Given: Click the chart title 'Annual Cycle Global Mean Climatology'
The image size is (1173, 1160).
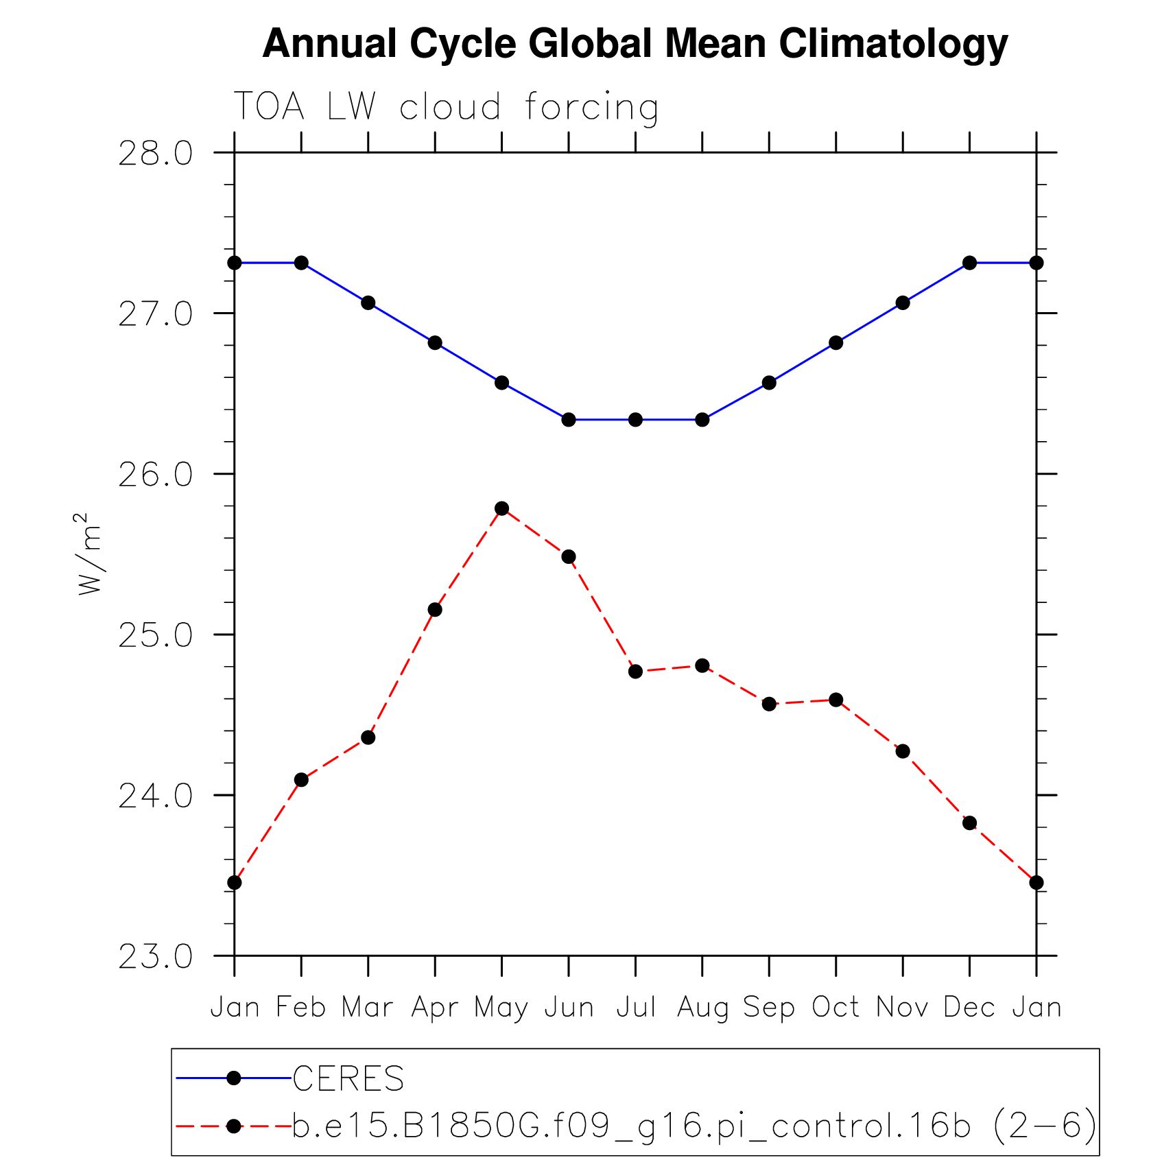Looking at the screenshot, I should [635, 44].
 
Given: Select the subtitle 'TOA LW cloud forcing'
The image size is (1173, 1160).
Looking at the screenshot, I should [446, 107].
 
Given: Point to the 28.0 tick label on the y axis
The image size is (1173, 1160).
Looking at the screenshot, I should [156, 154].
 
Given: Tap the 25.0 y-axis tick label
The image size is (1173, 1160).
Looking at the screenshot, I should [156, 635].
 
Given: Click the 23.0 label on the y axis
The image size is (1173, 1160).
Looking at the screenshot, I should [156, 956].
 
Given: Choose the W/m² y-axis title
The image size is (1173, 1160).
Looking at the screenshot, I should [90, 554].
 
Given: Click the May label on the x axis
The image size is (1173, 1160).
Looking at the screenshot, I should [501, 1008].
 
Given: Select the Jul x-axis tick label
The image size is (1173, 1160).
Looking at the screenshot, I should [636, 1008].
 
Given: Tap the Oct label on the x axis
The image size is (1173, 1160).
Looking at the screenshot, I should [836, 1008].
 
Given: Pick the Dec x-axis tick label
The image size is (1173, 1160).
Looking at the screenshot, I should [969, 1008].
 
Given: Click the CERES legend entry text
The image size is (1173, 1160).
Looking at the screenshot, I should [348, 1079].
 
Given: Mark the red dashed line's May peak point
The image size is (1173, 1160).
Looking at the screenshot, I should [501, 508].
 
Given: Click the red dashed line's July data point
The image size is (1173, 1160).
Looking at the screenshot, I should [635, 671].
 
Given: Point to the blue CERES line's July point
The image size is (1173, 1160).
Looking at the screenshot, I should [635, 420].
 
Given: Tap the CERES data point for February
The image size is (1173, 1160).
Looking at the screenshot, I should [301, 263].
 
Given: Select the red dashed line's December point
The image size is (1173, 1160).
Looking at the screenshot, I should [969, 823].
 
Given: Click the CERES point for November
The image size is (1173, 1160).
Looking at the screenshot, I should [903, 303].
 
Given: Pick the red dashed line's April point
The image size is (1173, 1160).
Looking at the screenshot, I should [435, 610].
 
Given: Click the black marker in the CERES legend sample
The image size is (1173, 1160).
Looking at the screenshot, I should [234, 1078].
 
